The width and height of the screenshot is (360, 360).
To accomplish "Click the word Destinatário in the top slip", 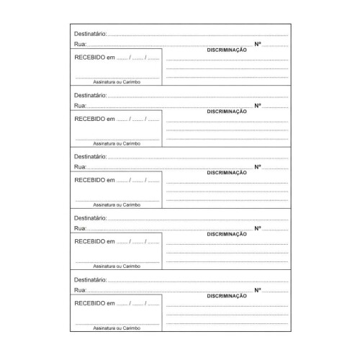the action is [90, 34].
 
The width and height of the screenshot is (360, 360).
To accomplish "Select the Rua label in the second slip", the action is [78, 106].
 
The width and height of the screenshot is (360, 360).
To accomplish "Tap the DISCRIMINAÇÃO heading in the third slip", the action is [227, 173].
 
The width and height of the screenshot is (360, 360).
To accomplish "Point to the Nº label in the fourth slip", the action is [258, 228].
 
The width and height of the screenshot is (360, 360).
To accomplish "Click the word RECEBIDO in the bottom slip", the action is [89, 302].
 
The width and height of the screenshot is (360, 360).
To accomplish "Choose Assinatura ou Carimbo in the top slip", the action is [117, 82].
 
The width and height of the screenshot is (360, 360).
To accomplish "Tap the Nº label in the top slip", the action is [258, 45].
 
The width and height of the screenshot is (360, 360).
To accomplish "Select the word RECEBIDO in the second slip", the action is [89, 119].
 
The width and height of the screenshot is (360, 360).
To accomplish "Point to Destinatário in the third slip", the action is [90, 156].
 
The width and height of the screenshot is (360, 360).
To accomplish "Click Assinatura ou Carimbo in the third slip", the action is [117, 204].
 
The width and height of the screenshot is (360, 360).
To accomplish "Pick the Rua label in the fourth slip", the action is [78, 228].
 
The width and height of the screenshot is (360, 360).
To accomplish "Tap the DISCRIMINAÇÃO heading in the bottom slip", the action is [227, 296].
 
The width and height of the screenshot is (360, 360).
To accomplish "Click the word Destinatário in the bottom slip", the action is [90, 279].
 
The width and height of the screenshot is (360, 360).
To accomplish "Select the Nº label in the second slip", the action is [258, 106].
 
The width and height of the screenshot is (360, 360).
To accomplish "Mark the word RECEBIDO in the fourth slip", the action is [89, 241].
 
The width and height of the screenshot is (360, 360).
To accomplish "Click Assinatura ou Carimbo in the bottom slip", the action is [117, 328].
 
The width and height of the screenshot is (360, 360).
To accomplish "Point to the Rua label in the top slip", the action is [78, 45].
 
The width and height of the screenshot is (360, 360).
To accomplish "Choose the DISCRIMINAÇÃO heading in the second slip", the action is [227, 112].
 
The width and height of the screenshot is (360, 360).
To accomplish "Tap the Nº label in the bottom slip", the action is [258, 289].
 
